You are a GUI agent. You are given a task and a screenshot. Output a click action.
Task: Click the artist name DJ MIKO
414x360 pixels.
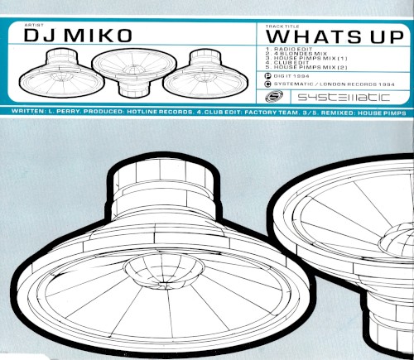78,36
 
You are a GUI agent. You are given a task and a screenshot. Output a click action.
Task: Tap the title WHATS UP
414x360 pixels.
335,37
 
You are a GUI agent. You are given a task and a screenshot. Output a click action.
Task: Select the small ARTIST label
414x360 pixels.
34,25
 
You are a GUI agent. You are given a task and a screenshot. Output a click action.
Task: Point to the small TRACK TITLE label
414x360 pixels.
282,26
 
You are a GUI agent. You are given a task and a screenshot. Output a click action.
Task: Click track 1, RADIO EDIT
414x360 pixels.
289,50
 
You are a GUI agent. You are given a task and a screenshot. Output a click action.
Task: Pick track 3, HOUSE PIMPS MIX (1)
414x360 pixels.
306,58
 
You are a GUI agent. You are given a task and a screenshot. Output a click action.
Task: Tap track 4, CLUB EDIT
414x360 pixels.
287,63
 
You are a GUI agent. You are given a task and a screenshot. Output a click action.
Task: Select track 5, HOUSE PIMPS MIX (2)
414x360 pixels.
306,67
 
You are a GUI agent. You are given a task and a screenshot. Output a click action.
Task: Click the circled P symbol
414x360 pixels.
267,76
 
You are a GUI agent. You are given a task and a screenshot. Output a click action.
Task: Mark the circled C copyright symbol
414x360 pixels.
267,84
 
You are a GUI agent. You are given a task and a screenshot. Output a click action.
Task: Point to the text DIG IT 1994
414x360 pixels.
291,76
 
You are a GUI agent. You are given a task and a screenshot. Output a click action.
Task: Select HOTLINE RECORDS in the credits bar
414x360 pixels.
160,112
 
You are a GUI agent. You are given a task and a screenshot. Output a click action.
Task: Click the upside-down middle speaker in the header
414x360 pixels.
134,72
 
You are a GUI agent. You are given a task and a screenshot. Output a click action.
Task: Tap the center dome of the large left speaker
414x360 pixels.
164,270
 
